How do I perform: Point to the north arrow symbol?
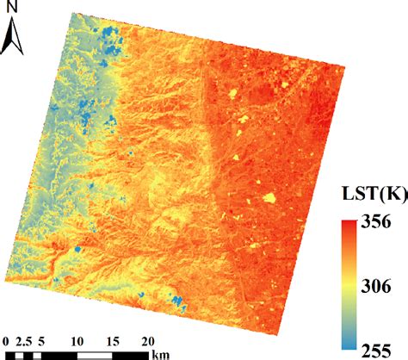[14, 36]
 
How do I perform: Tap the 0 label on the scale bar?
[6, 340]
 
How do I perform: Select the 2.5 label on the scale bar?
[23, 340]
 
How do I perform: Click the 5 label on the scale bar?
[41, 340]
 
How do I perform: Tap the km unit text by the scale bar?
[161, 353]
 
